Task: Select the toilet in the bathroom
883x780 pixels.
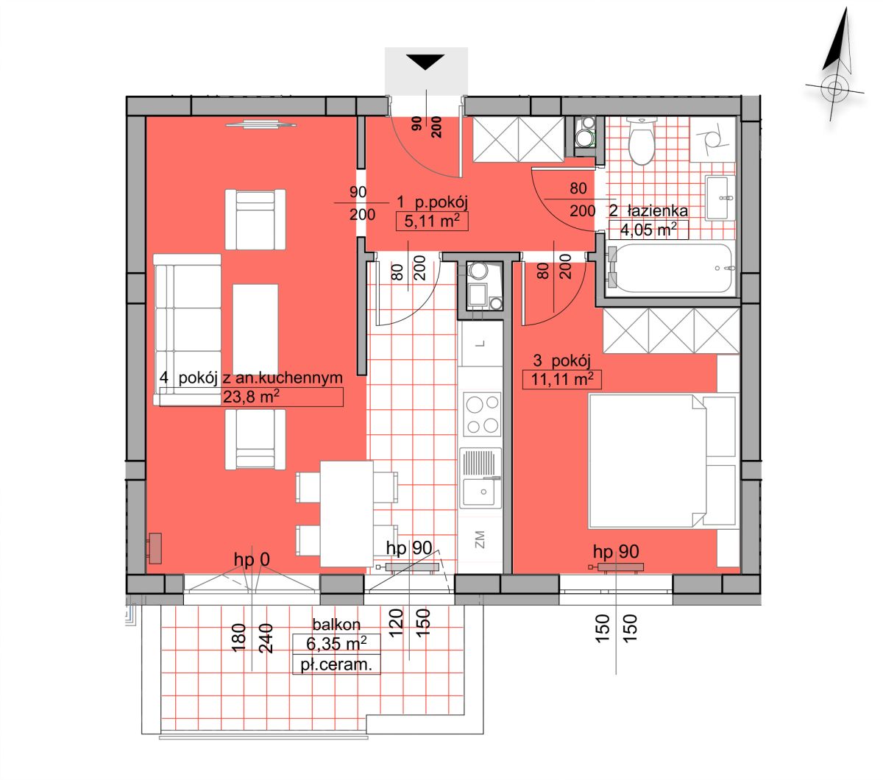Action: coord(642,141)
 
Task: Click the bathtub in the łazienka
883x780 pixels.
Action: coord(670,268)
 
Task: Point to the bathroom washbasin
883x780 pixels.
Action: coord(720,198)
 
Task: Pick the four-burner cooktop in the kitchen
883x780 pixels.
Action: coord(482,414)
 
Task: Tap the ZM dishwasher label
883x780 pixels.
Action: coord(480,539)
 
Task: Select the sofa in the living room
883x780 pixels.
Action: coord(188,330)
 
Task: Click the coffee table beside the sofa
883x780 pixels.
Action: coord(255,330)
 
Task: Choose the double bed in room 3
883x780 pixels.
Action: coord(662,461)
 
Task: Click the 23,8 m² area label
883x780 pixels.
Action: coord(251,397)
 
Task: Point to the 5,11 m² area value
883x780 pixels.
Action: coord(432,221)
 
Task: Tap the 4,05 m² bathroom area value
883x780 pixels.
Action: coord(648,230)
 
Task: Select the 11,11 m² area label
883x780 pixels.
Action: coord(562,379)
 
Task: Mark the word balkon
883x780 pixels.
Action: coord(336,625)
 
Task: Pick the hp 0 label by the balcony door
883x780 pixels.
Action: coord(252,559)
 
